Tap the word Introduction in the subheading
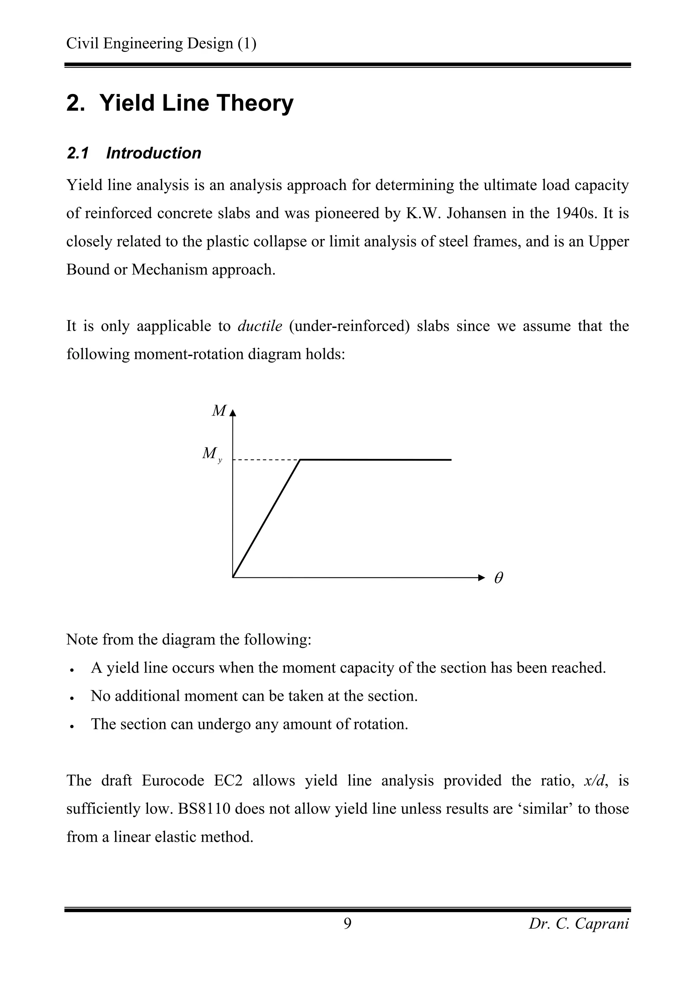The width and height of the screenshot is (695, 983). tap(153, 153)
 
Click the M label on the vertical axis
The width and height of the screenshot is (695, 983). tap(219, 411)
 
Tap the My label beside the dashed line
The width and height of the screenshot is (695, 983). tap(211, 454)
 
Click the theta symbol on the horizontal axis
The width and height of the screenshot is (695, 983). tap(499, 578)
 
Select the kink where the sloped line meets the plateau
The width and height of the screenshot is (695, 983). tap(300, 460)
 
